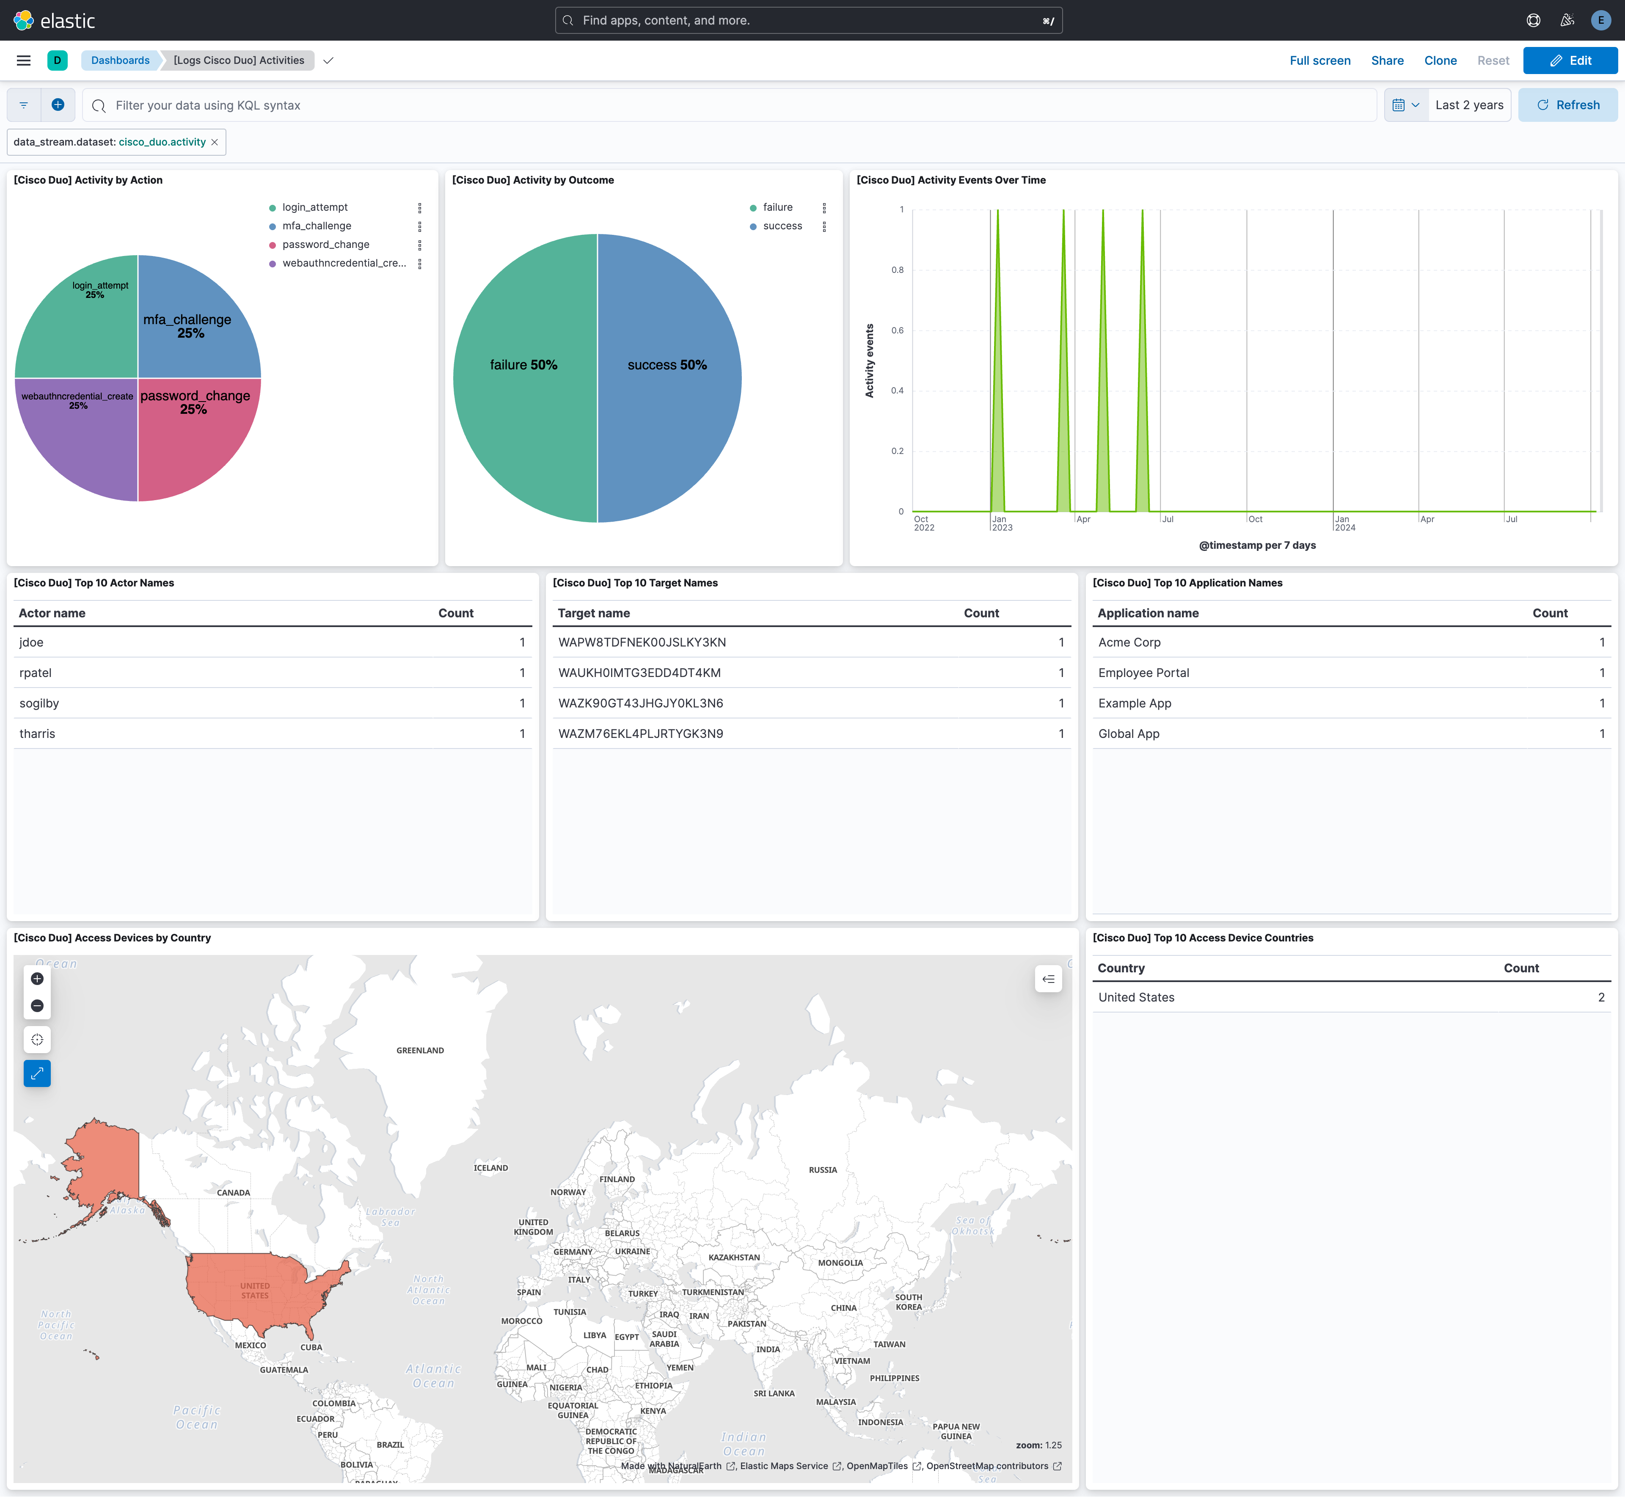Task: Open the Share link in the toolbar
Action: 1387,61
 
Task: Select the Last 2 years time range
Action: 1469,105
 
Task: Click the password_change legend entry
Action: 326,245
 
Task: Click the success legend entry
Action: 782,226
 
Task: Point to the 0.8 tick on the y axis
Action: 898,270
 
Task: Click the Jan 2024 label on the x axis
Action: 1344,523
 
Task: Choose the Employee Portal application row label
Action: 1143,673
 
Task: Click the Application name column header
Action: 1148,613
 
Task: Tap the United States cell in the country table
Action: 1136,997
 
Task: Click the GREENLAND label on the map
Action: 420,1051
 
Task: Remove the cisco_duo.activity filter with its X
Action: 215,143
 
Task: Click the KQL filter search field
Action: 729,105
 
